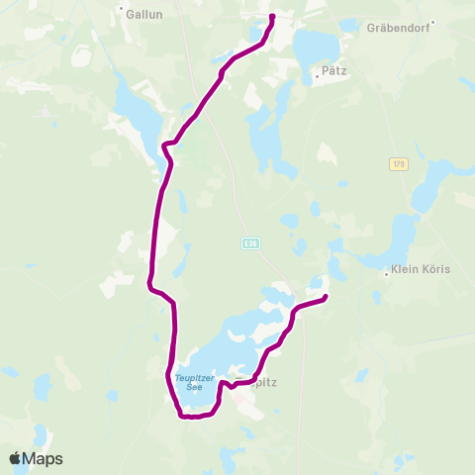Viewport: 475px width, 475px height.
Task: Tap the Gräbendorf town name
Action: coord(405,29)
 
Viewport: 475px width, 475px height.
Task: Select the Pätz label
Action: coord(332,72)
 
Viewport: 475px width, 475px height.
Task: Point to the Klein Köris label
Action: coord(421,269)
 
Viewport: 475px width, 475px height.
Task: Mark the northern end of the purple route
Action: coord(272,16)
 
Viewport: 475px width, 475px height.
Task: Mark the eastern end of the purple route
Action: coord(326,297)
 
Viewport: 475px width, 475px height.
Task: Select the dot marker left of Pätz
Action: coord(316,73)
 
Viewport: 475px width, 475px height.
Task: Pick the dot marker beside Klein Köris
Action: coord(386,274)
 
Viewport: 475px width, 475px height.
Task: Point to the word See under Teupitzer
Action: coord(188,386)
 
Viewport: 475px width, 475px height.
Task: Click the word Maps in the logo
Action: coord(45,459)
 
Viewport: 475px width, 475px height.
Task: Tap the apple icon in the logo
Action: coord(15,458)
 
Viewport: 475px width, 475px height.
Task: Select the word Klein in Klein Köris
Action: coord(406,269)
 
